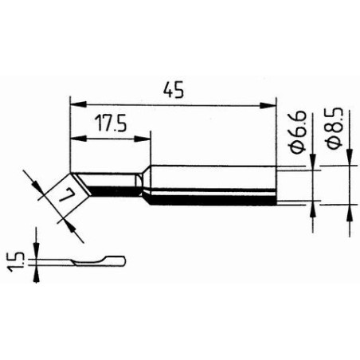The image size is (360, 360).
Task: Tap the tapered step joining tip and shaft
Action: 143,185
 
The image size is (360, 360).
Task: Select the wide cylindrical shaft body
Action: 211,184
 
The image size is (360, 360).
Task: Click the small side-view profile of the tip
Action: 88,262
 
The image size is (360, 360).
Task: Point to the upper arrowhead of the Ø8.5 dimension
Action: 351,162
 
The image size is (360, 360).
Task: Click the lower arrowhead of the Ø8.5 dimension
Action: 351,209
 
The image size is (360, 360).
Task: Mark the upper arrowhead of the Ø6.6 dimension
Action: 313,165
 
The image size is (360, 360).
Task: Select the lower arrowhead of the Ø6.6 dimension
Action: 313,205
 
